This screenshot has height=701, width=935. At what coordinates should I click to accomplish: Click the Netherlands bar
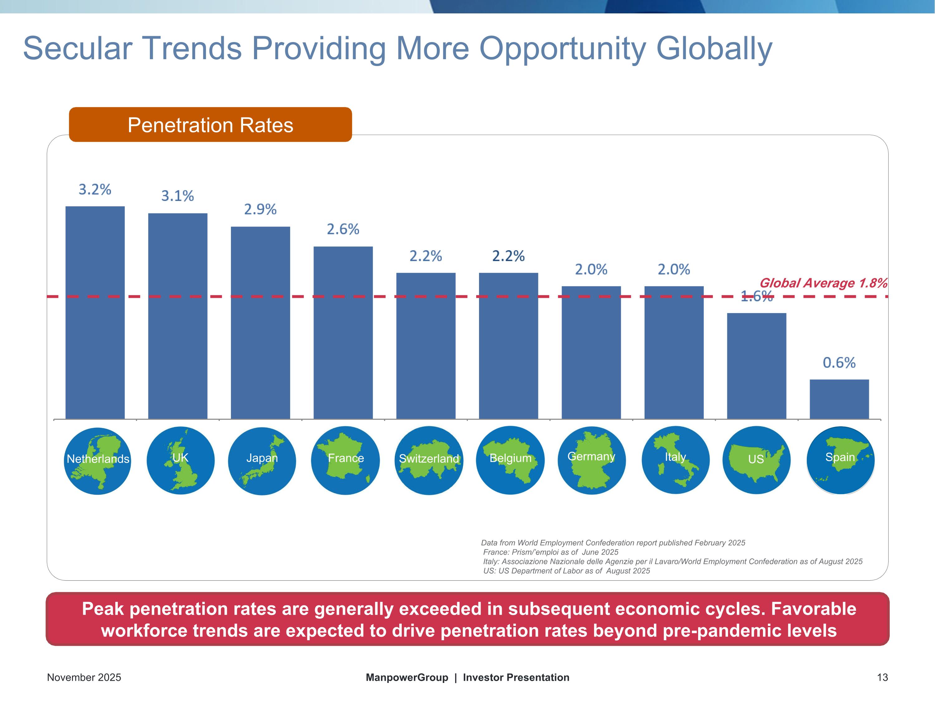(x=95, y=313)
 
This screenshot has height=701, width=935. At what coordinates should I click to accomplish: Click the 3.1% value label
(x=178, y=196)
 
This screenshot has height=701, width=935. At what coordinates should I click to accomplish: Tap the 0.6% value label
(x=839, y=363)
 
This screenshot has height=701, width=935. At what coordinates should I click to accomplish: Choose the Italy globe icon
(x=675, y=460)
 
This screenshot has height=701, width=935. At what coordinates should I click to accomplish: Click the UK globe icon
(x=180, y=460)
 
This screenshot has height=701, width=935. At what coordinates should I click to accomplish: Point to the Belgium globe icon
(x=510, y=460)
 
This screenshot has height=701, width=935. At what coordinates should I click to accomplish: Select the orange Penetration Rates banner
(x=210, y=125)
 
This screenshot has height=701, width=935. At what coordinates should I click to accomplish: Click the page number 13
(x=882, y=677)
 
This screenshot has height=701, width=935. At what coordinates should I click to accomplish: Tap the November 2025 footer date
(x=84, y=677)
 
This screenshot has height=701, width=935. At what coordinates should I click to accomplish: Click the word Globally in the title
(x=714, y=49)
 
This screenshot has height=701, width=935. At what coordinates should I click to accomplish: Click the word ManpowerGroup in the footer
(x=407, y=677)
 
